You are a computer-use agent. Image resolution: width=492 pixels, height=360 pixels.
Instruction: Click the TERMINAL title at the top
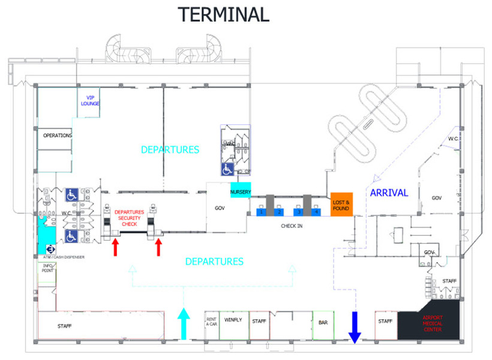223,14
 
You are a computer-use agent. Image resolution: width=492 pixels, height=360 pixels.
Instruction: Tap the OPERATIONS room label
57,136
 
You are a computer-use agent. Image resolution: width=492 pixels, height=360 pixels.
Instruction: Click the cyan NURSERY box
240,191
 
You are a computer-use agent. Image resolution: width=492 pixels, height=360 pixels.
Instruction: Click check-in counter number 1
262,212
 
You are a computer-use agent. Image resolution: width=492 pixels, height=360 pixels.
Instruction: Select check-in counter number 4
316,212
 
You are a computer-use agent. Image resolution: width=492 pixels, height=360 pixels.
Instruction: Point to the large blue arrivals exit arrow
355,327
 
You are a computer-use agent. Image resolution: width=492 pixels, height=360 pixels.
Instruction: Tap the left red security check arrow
115,246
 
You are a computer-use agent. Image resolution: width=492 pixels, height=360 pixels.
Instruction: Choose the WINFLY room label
233,321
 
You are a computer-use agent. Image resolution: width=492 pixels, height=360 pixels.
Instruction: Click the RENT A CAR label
211,322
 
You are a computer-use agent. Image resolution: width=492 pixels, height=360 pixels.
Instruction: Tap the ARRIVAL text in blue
389,193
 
